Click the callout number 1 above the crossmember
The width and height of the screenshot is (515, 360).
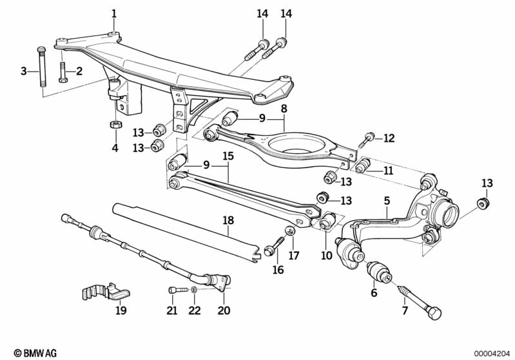pyautogui.click(x=114, y=13)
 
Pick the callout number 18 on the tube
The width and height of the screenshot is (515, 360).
pyautogui.click(x=228, y=220)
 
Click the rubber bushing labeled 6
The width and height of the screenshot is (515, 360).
pyautogui.click(x=380, y=271)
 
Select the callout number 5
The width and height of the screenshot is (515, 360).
pyautogui.click(x=387, y=201)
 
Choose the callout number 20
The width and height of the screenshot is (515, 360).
pyautogui.click(x=224, y=312)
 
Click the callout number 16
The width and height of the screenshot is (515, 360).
pyautogui.click(x=278, y=270)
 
